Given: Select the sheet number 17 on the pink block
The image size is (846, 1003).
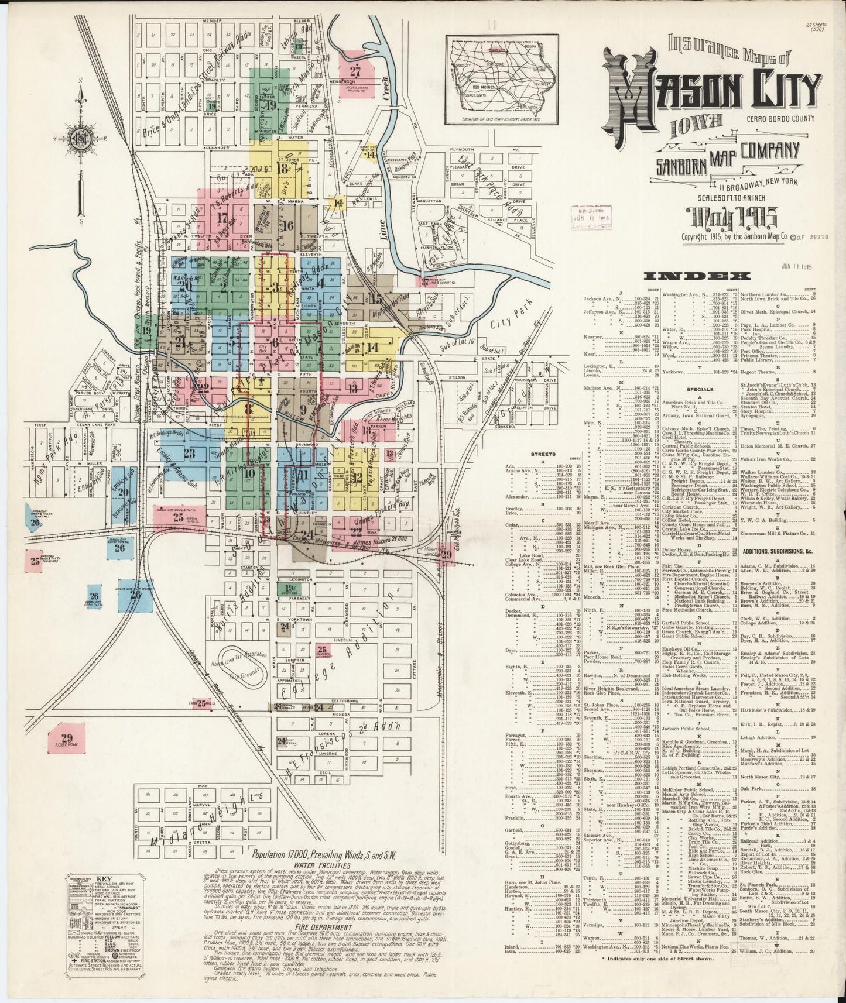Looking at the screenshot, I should pyautogui.click(x=222, y=219).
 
